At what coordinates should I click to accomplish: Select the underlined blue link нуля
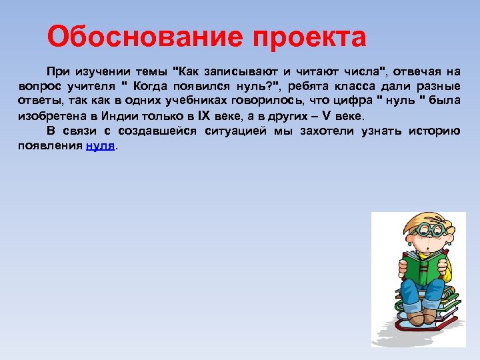pyautogui.click(x=100, y=146)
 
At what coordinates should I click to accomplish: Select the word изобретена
pyautogui.click(x=51, y=115)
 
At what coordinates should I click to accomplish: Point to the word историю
pyautogui.click(x=433, y=131)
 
